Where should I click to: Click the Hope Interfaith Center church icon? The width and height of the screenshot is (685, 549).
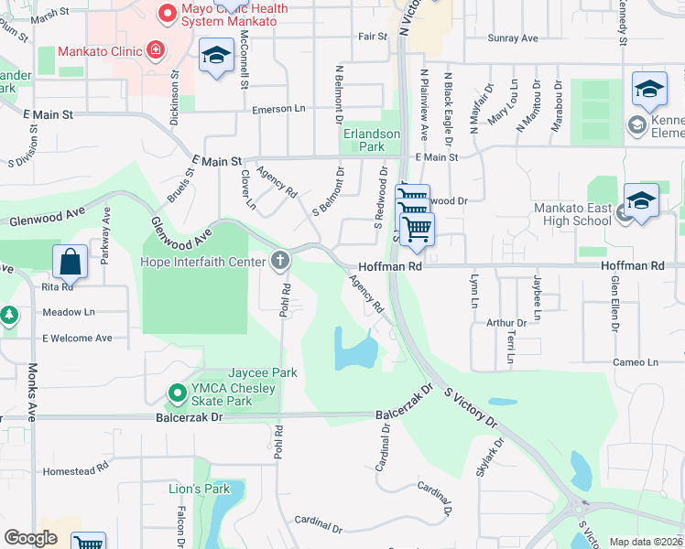pos(280,263)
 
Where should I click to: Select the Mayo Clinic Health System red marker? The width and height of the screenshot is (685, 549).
pos(167,13)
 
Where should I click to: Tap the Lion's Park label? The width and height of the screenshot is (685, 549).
pos(199,489)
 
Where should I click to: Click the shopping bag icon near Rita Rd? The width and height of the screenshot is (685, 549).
pos(71,263)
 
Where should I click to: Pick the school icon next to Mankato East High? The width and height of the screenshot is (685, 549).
pos(641,202)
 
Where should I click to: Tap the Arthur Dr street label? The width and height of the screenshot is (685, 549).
pos(506,323)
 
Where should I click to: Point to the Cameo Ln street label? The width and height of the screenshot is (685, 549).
pos(636,362)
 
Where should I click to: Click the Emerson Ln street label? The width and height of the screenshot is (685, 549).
pos(278,109)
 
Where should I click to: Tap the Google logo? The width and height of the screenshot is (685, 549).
pos(31,538)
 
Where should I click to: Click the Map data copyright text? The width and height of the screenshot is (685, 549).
pos(646,542)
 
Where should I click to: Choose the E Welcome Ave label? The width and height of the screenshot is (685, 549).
pos(77,339)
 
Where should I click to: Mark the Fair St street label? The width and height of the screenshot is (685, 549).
pos(373,38)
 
